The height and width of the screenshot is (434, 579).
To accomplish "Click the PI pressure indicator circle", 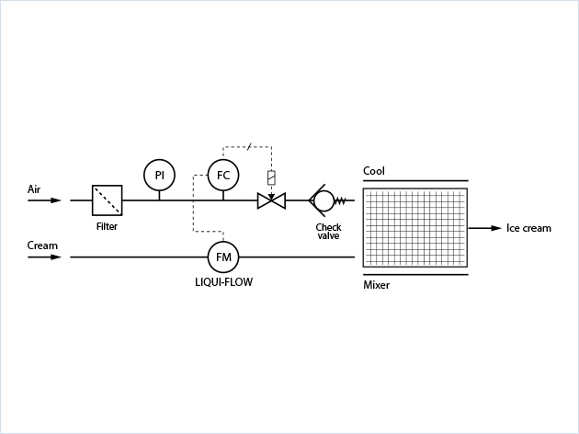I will (x=159, y=175).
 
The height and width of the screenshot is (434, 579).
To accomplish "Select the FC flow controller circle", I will (x=223, y=175).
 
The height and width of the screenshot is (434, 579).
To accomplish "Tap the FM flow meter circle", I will (x=223, y=257).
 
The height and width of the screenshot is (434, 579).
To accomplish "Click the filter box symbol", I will (x=107, y=200).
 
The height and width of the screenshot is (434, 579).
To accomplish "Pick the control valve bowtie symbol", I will (x=271, y=200).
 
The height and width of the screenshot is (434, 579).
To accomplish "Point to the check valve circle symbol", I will (x=324, y=200).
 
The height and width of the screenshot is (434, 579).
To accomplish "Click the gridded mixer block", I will (x=414, y=227).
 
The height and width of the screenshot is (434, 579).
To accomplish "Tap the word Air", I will (x=34, y=189).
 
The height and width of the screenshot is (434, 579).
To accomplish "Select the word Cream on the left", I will (x=42, y=246).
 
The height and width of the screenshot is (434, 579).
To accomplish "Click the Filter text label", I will (x=107, y=226).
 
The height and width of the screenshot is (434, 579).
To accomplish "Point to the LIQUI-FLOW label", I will (x=223, y=282).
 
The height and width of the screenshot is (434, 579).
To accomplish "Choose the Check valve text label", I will (x=328, y=232).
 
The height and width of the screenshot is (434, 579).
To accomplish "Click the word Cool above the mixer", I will (x=374, y=171).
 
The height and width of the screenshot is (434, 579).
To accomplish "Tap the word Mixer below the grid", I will (x=377, y=285).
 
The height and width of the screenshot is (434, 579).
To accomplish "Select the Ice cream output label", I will (x=528, y=228).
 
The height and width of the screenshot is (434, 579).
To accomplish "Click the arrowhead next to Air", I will (x=56, y=200).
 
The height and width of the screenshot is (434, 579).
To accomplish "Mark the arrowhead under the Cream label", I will (x=56, y=257).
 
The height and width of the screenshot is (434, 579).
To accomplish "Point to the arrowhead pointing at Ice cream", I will (x=496, y=228).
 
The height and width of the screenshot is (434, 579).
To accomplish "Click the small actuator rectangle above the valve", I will (x=271, y=177).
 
